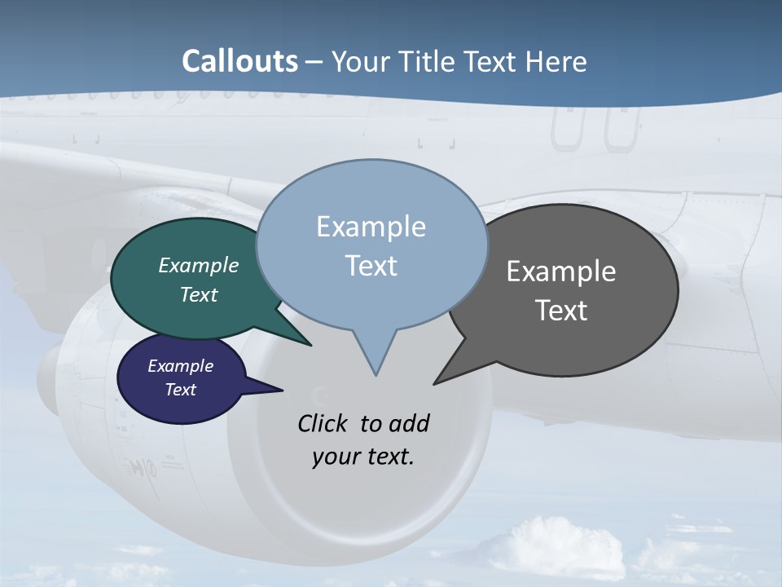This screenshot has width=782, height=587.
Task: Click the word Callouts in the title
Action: [239, 61]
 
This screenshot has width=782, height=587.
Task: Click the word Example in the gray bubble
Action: [561, 271]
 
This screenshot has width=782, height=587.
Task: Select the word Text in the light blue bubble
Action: [371, 266]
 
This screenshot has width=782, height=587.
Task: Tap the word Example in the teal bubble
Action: [199, 265]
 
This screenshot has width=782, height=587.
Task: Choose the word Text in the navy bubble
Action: [181, 390]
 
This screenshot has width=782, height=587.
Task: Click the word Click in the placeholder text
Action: [323, 423]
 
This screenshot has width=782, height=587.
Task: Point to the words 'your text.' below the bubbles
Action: [363, 457]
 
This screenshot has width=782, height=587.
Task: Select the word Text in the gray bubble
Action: [561, 311]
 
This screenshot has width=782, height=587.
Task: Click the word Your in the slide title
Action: [357, 61]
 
